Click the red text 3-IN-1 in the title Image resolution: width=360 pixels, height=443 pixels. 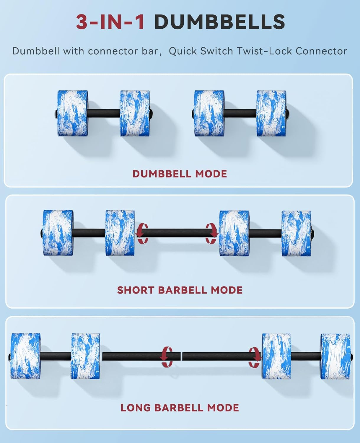[110, 22]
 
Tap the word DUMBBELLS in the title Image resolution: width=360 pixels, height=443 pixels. [220, 22]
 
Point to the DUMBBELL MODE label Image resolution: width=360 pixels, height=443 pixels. [180, 174]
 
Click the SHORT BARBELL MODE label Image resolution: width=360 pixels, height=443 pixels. [180, 290]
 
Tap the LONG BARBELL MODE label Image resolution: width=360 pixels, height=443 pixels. [180, 408]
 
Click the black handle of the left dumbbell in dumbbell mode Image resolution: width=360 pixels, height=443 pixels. [104, 113]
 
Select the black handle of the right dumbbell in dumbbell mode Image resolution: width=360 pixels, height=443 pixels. [240, 113]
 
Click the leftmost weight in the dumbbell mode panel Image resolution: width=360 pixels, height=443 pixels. [72, 113]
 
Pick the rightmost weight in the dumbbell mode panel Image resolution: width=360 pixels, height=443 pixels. [271, 113]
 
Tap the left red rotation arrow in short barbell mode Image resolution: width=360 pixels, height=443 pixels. [142, 233]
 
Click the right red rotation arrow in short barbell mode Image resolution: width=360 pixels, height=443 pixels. [211, 233]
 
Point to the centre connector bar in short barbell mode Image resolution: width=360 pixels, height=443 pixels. [177, 233]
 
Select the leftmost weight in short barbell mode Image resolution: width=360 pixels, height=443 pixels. [58, 233]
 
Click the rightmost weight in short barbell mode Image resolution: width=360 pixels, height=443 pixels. [297, 233]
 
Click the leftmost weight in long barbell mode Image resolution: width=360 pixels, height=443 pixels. [26, 356]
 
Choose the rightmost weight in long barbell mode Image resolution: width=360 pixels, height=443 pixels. [336, 356]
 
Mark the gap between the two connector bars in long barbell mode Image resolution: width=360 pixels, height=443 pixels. [181, 356]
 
